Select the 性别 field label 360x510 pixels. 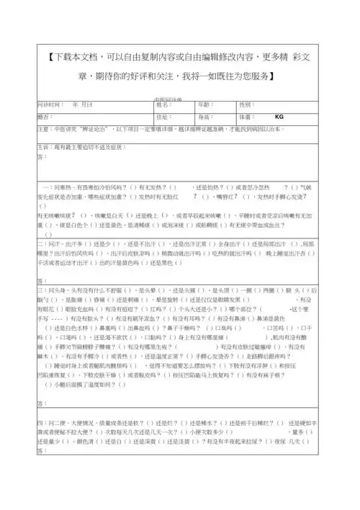[x=245, y=105]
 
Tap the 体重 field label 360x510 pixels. [x=245, y=117]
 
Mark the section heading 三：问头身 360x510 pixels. [x=54, y=289]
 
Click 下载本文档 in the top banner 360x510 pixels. [x=75, y=58]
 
